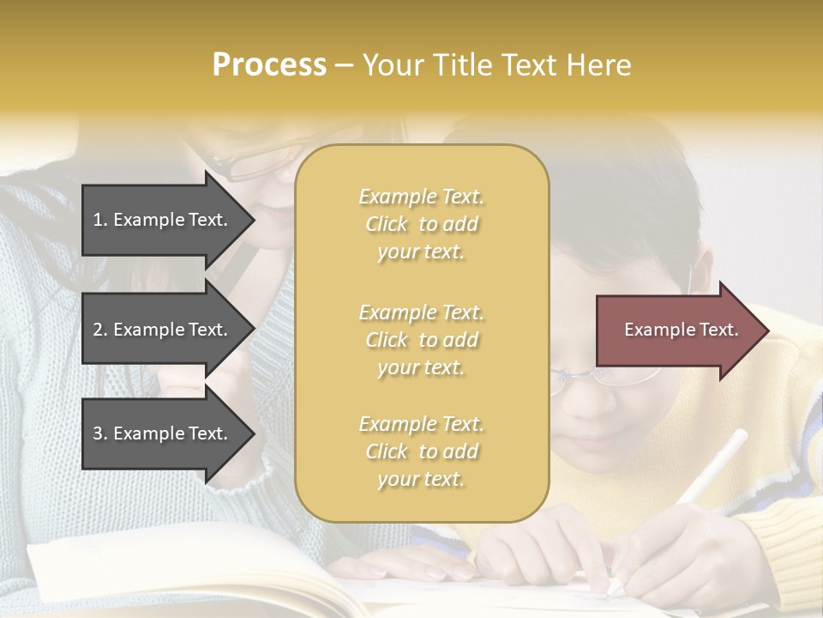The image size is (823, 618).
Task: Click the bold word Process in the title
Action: point(269,65)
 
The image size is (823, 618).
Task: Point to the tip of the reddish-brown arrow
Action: point(767,330)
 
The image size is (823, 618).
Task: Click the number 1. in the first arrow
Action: point(100,220)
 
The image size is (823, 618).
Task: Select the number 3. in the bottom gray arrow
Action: point(100,433)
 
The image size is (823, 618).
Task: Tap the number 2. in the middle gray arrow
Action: point(100,330)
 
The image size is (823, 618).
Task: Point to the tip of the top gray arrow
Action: point(254,220)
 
